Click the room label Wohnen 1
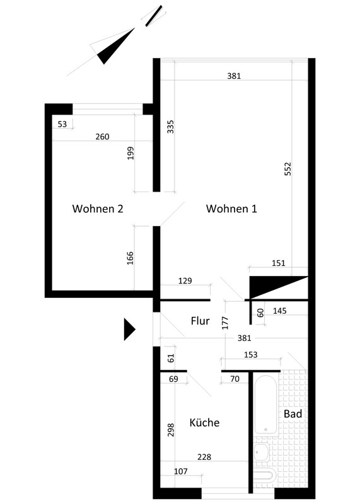pos(231,209)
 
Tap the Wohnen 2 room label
pos(98,209)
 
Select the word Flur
pos(200,321)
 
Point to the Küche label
pos(204,422)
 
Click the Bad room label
pos(293,414)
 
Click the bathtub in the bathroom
pos(265,404)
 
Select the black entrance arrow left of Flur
pos(130,329)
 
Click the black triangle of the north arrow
pos(114,47)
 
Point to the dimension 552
pos(287,169)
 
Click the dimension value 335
pos(170,127)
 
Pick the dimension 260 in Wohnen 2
pos(102,137)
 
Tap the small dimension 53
pos(62,124)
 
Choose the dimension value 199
pos(131,153)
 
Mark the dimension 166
pos(130,258)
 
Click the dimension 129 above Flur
pos(185,280)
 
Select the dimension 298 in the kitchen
pos(170,430)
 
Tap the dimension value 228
pos(204,457)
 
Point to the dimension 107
pos(180,471)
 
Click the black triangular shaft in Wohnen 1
pos(270,285)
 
